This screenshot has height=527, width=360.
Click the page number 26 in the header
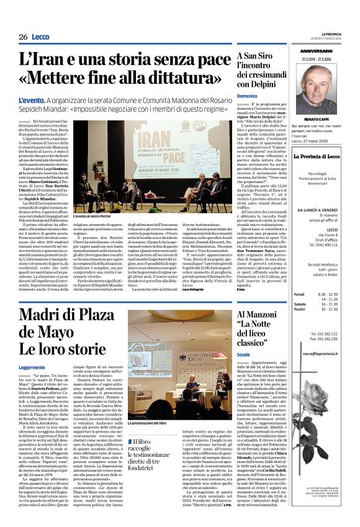point(23,37)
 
